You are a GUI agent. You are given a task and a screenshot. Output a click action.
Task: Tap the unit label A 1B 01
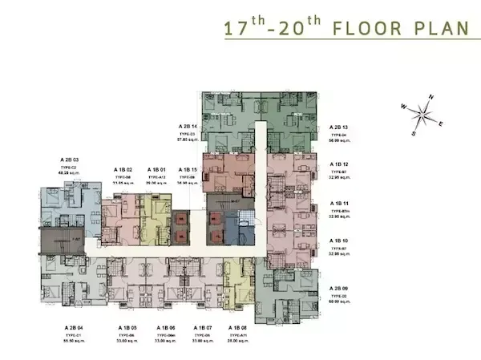coord(156,170)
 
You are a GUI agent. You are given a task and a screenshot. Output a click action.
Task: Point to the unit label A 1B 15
coord(188,170)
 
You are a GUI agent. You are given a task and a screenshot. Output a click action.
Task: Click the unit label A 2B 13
coord(340,127)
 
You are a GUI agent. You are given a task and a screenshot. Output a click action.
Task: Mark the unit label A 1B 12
coord(340,164)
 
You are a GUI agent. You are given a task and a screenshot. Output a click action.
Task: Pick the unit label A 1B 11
coord(340,204)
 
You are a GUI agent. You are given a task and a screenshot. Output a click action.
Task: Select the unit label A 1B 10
coord(340,240)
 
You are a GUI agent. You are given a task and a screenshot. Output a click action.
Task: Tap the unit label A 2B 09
coord(340,287)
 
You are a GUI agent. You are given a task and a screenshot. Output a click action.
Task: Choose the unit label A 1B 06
coord(166,328)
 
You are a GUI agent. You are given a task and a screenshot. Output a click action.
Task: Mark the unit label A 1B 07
coord(203,328)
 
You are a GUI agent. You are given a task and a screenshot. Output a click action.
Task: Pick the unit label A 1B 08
coord(238,328)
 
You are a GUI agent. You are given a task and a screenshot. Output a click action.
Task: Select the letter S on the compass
coord(414,133)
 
